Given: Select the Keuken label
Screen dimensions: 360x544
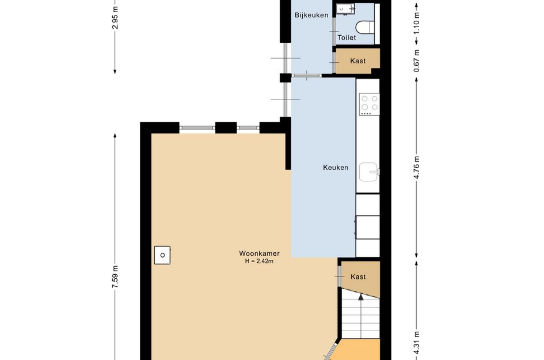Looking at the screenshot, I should tap(335, 168).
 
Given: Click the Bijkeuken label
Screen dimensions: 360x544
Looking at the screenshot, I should tap(311, 15).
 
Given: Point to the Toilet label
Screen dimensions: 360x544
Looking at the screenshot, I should tap(347, 37).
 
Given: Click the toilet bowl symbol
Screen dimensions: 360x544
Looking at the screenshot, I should tap(364, 27).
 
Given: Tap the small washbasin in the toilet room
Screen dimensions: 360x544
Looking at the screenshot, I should tap(345, 8).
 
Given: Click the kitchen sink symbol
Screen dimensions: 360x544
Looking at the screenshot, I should tap(368, 172).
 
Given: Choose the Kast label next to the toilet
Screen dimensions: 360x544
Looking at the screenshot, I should tap(357, 61).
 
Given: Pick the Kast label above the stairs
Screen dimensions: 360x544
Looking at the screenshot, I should tap(358, 277).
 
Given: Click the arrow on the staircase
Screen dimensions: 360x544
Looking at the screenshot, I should tap(360, 298).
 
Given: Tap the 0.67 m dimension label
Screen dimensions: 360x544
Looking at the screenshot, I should tap(417, 59).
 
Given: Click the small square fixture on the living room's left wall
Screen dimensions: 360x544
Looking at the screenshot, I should tap(163, 254).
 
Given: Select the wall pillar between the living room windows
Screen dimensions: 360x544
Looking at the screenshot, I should tap(226, 127).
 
